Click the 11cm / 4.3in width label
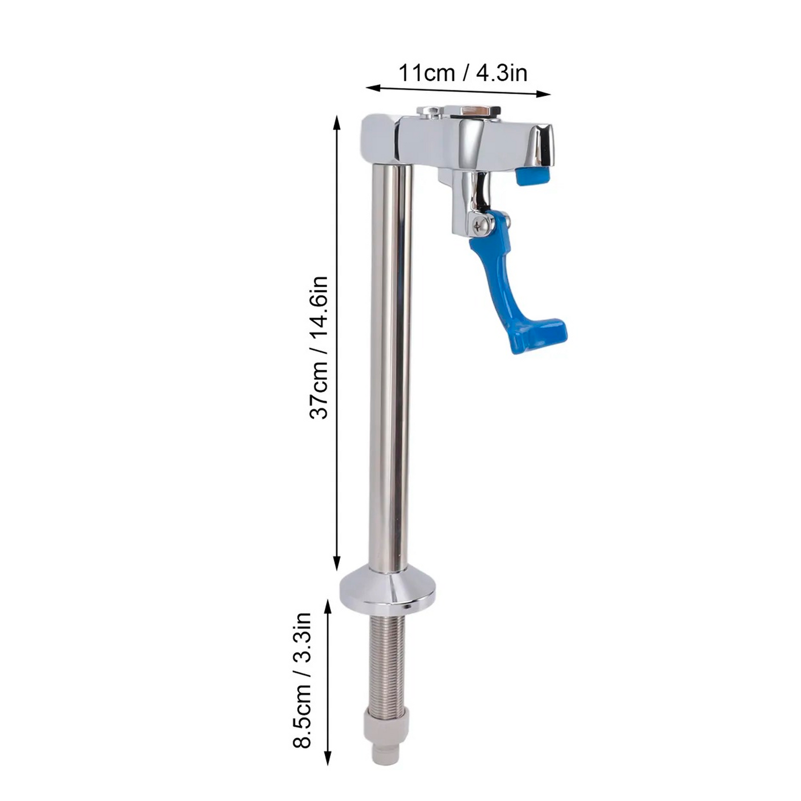tap(463, 73)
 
